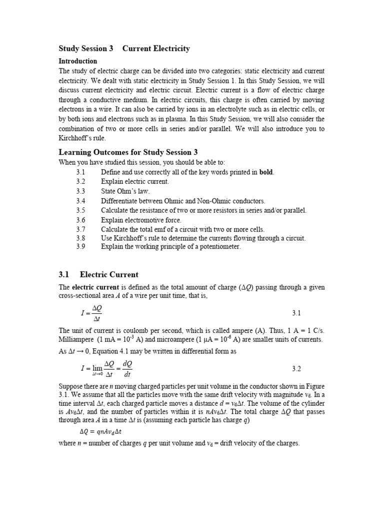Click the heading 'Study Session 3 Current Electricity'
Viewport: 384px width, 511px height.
point(124,48)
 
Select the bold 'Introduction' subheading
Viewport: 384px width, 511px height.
point(78,61)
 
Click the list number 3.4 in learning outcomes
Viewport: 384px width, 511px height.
point(81,201)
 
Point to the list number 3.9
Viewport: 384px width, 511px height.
point(81,247)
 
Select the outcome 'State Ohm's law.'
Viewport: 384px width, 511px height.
point(125,191)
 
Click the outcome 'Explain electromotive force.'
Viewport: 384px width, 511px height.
point(141,220)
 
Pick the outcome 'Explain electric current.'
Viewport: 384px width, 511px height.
point(135,182)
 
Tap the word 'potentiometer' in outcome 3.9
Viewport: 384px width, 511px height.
point(220,247)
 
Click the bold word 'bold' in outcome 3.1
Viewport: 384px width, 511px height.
point(266,172)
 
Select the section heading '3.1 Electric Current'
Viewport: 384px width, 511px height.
point(98,274)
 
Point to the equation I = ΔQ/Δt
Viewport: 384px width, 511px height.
point(91,313)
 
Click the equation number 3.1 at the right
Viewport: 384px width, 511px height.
point(296,313)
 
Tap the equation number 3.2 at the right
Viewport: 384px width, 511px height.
point(296,369)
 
